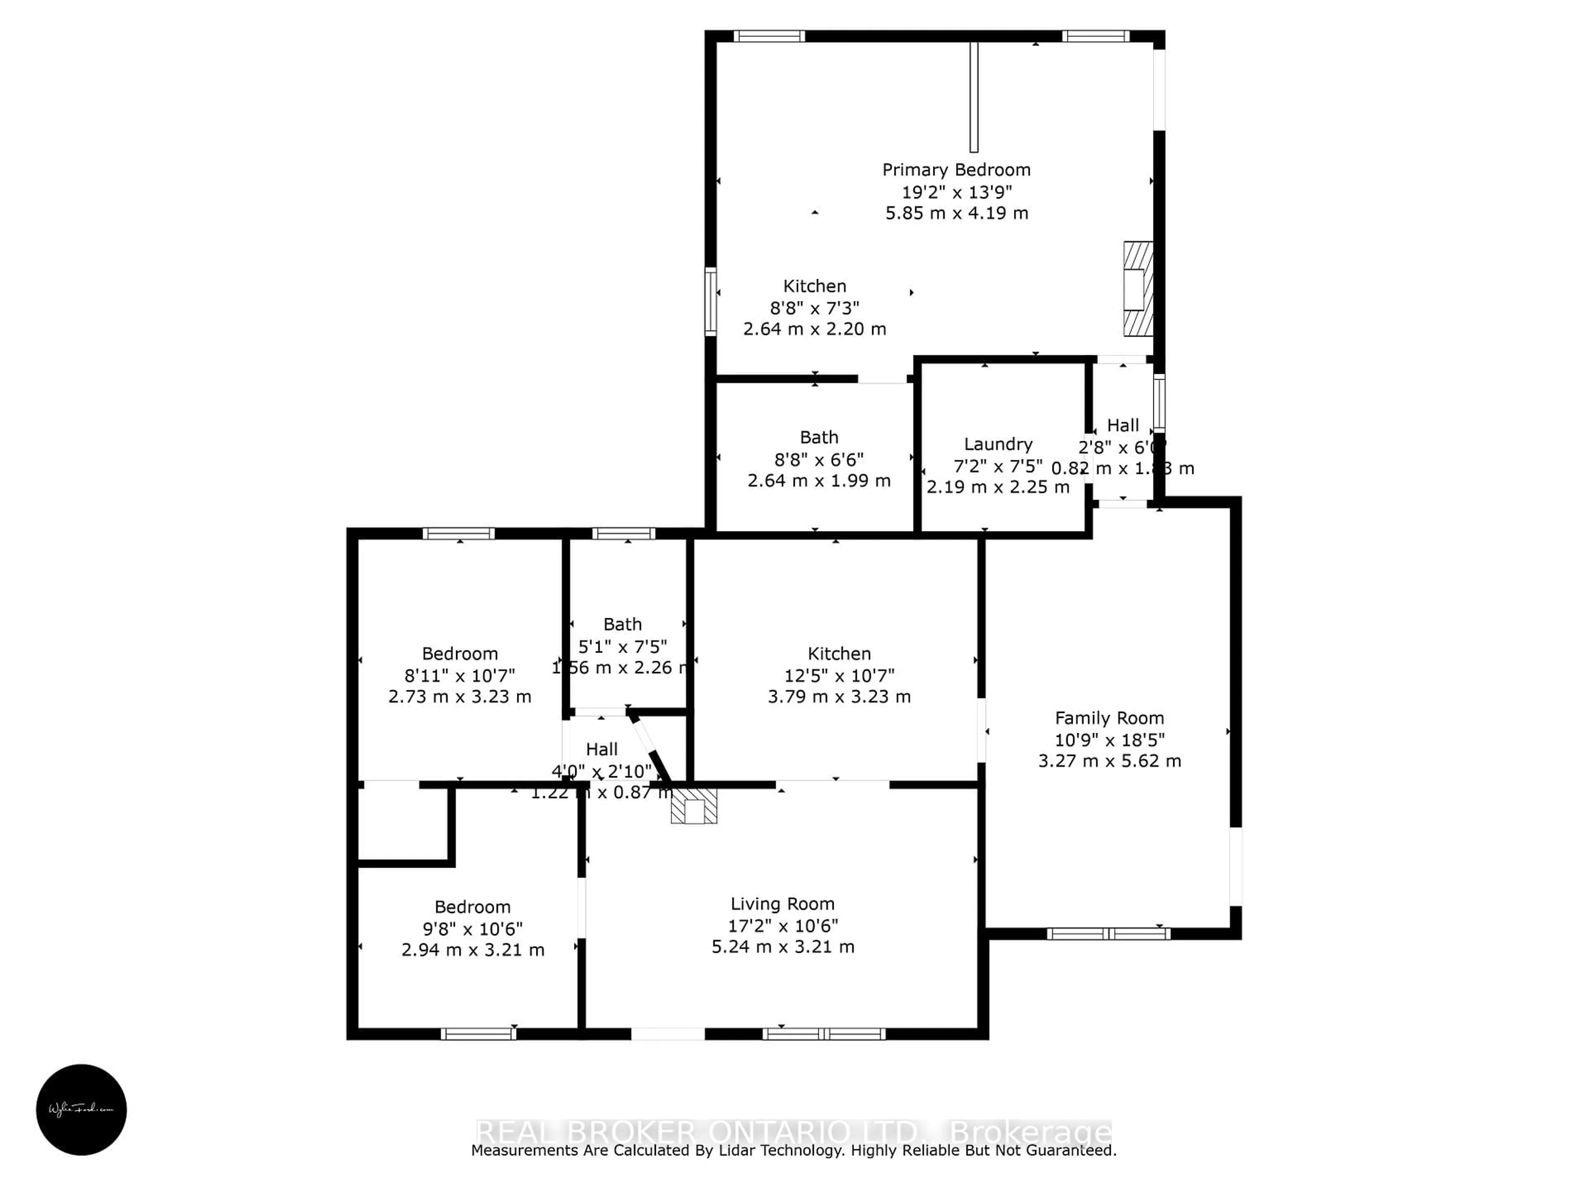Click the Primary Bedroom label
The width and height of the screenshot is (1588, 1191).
tap(956, 170)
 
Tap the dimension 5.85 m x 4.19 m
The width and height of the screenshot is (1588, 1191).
tap(956, 213)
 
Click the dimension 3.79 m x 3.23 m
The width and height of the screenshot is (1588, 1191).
tap(839, 696)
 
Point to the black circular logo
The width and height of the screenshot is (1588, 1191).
tap(81, 1109)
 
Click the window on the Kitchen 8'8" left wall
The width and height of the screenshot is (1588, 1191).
tap(710, 301)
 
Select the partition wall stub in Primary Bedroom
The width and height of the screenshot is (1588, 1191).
tap(973, 97)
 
